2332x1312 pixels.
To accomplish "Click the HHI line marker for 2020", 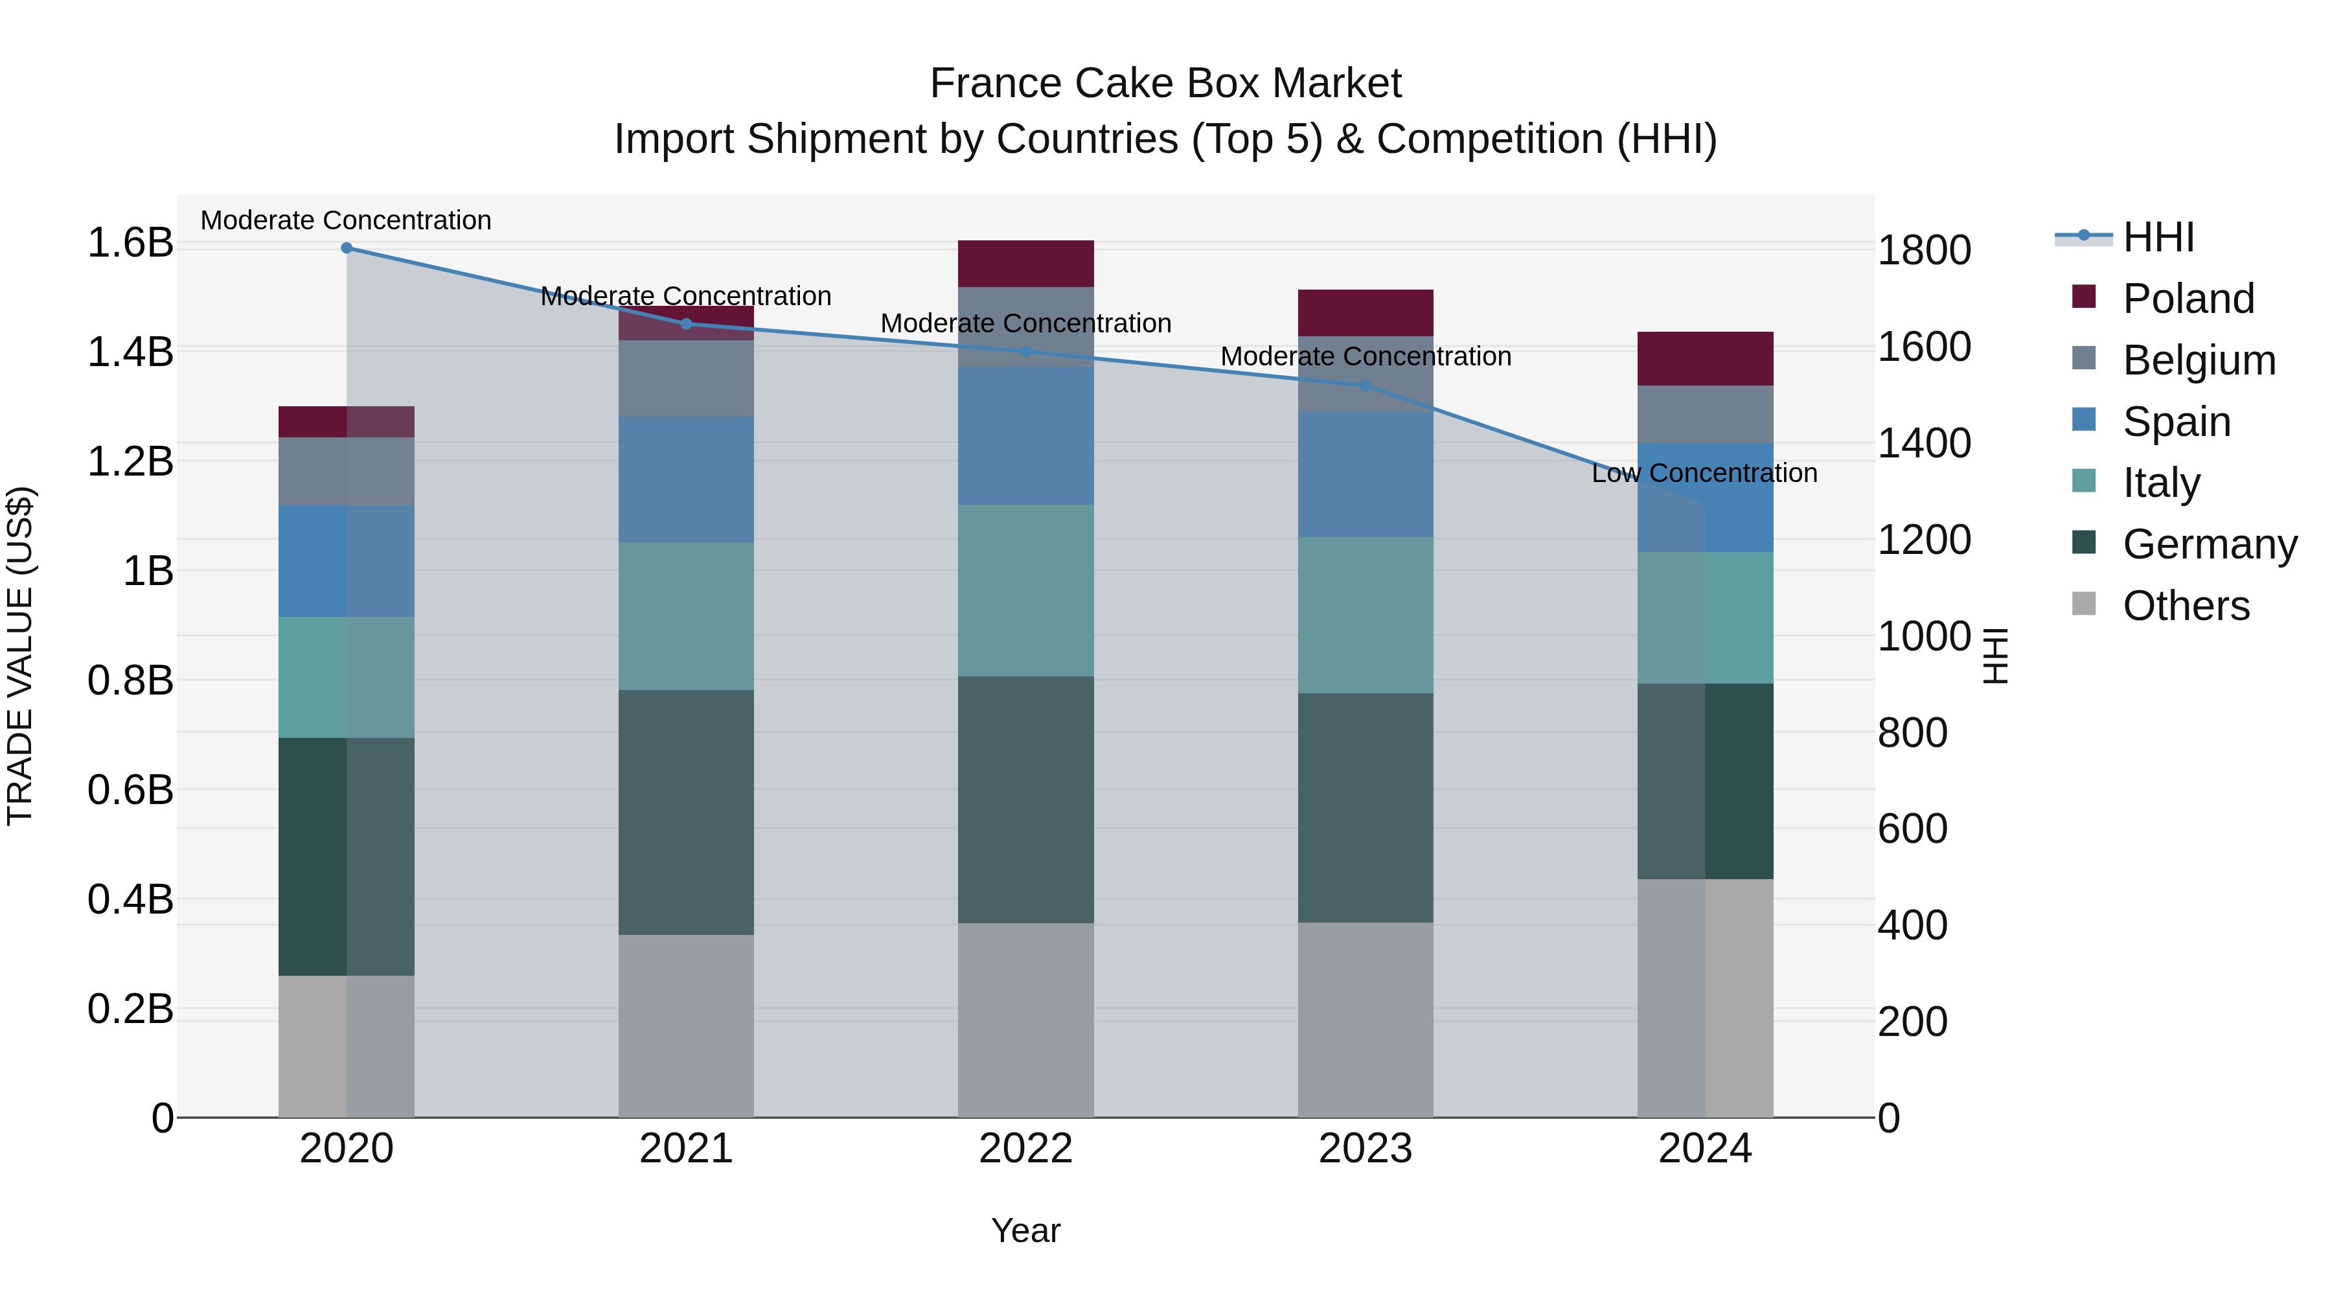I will tap(346, 248).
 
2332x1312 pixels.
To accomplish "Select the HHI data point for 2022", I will tap(1025, 351).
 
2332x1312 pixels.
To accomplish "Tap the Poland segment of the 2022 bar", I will tap(1025, 264).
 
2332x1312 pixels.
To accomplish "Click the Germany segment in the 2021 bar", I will tap(685, 812).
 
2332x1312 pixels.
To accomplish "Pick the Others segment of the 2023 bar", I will tap(1365, 1020).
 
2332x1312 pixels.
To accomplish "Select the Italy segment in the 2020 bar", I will tap(346, 677).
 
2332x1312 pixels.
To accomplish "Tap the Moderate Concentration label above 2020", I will tap(346, 220).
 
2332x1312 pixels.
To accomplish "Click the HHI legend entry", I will tap(2158, 237).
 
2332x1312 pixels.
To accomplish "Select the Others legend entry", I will tap(2186, 606).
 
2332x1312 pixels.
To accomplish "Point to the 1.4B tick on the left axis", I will tap(130, 352).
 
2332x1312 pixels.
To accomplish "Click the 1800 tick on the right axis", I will tap(1924, 250).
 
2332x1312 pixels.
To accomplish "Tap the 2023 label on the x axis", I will tap(1365, 1149).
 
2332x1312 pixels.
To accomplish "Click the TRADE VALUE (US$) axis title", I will tap(20, 656).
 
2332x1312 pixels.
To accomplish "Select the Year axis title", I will tap(1025, 1230).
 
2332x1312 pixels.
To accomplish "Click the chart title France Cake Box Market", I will tap(1165, 84).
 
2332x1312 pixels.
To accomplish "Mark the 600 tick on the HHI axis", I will tap(1912, 829).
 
